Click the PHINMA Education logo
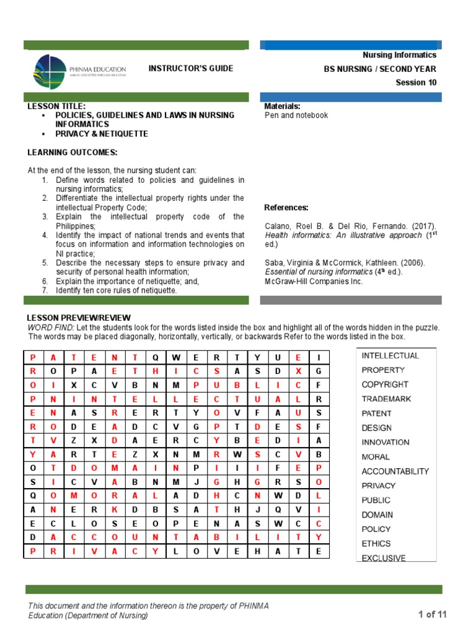(x=81, y=73)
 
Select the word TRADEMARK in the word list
(x=386, y=399)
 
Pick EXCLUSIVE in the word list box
(x=384, y=558)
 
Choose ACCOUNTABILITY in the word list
(x=395, y=471)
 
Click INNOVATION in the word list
(x=386, y=442)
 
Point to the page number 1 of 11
(x=433, y=615)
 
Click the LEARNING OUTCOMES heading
(x=73, y=153)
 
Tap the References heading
(x=286, y=207)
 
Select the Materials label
(x=283, y=107)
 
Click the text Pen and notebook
(x=296, y=115)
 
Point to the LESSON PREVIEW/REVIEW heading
(x=79, y=318)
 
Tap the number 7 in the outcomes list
(x=45, y=290)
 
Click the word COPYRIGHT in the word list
(x=385, y=384)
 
